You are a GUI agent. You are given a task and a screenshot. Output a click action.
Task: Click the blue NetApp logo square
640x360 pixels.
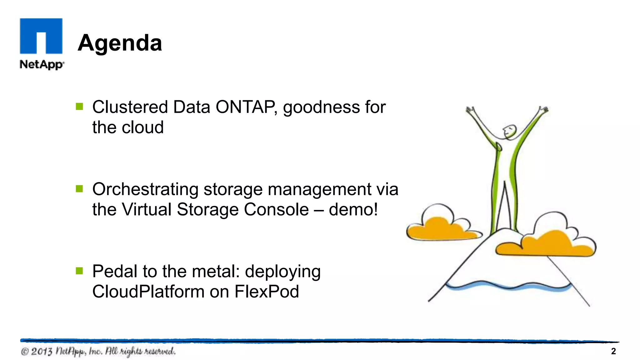pos(41,36)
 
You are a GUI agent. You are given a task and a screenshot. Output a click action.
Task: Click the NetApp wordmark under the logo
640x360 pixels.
pos(42,65)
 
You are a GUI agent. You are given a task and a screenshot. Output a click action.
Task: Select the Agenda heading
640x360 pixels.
pos(120,43)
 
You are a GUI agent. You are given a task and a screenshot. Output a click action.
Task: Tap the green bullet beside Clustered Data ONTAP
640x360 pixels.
pos(79,107)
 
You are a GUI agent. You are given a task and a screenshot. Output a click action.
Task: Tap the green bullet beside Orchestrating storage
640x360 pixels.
pos(79,189)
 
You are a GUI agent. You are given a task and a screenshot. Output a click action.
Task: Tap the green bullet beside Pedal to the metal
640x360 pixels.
pos(79,271)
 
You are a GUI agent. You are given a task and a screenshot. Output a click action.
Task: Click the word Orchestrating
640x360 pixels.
pos(145,190)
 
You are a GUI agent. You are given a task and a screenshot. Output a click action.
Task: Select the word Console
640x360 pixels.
pos(276,209)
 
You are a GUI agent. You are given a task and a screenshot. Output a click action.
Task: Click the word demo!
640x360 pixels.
pos(353,209)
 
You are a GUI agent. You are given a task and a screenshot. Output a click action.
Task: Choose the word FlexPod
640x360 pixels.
pos(267,292)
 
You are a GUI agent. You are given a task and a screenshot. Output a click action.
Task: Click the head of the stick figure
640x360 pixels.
pos(510,131)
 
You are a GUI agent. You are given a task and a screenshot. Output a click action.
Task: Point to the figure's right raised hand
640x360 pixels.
pos(544,110)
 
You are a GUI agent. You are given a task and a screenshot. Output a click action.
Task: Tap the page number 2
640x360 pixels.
pos(613,351)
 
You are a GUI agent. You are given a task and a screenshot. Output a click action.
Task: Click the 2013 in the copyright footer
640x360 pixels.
pos(42,352)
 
